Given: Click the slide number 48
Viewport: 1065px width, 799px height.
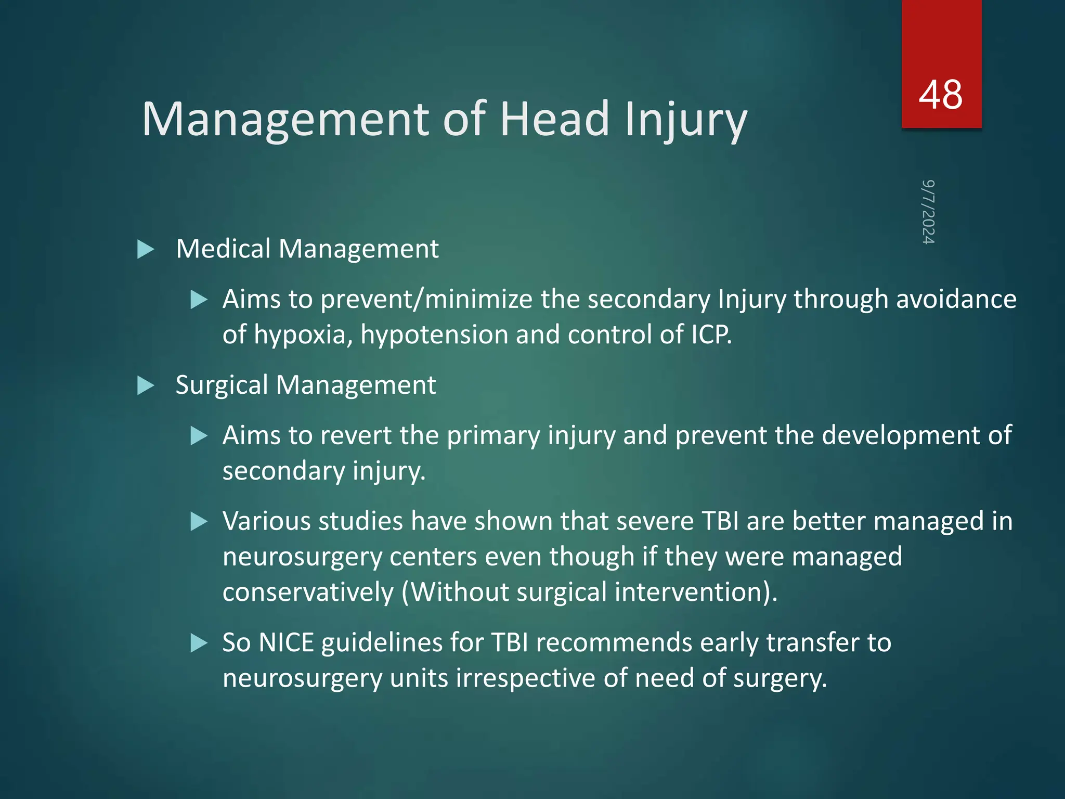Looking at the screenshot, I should point(940,95).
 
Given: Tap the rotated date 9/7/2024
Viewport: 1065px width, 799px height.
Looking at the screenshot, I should point(928,212).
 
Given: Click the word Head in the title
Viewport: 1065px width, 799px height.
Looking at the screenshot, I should point(554,119).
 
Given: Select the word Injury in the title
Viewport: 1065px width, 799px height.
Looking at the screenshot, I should point(685,121).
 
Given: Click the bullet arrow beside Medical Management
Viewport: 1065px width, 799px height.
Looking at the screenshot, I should point(146,249).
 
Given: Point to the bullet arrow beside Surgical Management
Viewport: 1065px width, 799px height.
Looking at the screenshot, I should point(146,386).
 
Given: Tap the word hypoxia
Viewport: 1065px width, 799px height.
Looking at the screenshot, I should point(303,335).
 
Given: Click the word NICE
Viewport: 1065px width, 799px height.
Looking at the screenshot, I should point(286,643).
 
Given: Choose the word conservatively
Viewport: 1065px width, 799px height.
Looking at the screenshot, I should point(308,592).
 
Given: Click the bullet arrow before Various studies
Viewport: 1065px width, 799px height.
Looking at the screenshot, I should point(199,522).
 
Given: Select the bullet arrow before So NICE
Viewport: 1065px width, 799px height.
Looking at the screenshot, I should point(199,643).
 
